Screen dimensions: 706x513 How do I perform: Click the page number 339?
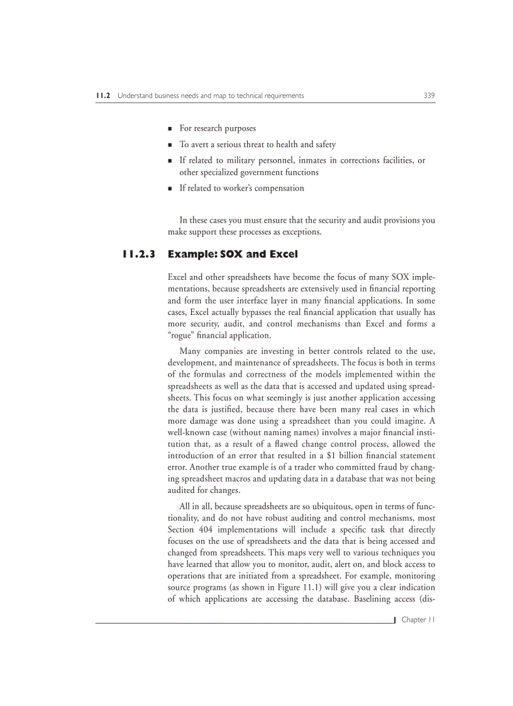pos(429,96)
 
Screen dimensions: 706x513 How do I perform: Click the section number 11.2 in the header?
pos(103,96)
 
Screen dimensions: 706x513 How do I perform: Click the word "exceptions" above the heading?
pos(301,232)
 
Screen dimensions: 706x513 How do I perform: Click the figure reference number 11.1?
pos(304,587)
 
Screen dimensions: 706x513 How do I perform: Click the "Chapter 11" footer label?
pos(418,620)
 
